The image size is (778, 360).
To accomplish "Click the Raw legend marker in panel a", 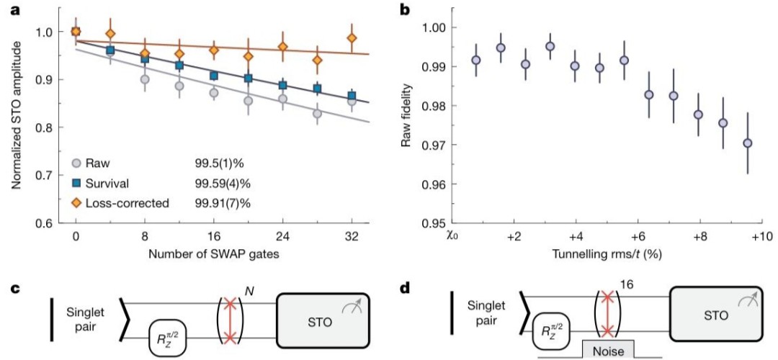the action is (x=76, y=162).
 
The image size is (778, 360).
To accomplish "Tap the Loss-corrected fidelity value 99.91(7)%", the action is (x=223, y=203).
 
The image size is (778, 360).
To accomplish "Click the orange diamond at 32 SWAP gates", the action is (x=352, y=38).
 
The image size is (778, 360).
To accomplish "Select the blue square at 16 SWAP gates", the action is (x=214, y=76).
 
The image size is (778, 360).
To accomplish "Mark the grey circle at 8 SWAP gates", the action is (x=145, y=79).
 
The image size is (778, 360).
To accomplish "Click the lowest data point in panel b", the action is (x=748, y=143).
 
